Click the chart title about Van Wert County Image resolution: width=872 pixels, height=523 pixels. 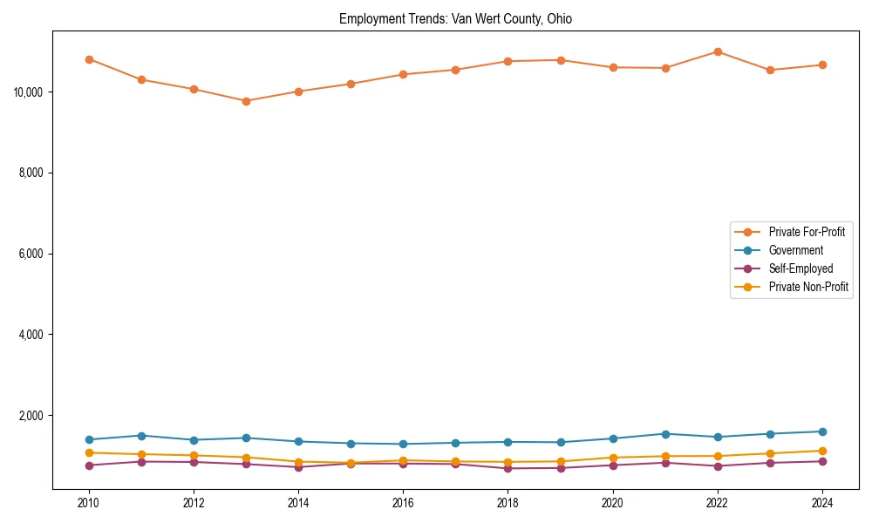pyautogui.click(x=455, y=18)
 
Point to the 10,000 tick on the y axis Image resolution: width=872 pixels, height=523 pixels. pyautogui.click(x=31, y=92)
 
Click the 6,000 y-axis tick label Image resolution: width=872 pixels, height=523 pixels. pyautogui.click(x=32, y=254)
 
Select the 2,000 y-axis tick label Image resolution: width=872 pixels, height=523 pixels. pyautogui.click(x=32, y=416)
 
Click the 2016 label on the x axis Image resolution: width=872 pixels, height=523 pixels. pyautogui.click(x=403, y=503)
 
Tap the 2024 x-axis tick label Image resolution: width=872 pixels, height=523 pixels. pyautogui.click(x=822, y=503)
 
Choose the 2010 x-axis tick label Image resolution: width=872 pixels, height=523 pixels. pyautogui.click(x=89, y=503)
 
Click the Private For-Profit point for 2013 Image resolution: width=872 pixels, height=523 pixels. pyautogui.click(x=246, y=101)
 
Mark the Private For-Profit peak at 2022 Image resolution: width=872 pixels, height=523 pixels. pyautogui.click(x=718, y=51)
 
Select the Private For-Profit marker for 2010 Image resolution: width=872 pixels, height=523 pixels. pyautogui.click(x=89, y=59)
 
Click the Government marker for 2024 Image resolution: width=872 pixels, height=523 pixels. pyautogui.click(x=822, y=431)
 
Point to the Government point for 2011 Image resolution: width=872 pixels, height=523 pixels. pyautogui.click(x=141, y=436)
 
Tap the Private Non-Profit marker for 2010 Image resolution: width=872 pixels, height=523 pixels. pyautogui.click(x=89, y=452)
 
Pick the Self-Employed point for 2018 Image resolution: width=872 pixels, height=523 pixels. pyautogui.click(x=508, y=468)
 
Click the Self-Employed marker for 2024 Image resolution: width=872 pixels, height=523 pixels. pyautogui.click(x=822, y=461)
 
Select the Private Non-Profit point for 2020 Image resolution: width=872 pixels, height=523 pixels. pyautogui.click(x=613, y=458)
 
